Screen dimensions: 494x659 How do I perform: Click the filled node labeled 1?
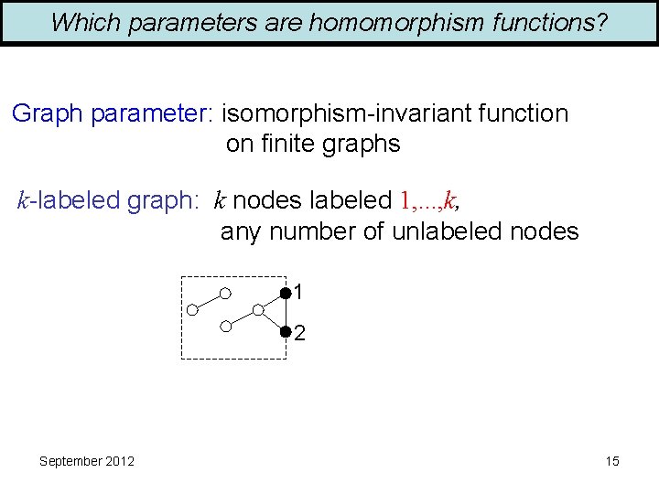point(286,293)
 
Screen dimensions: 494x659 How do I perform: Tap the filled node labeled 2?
point(286,331)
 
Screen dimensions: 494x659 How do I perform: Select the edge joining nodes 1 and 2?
point(286,312)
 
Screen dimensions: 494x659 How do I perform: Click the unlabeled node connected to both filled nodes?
point(258,311)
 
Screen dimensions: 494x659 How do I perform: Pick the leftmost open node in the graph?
point(192,310)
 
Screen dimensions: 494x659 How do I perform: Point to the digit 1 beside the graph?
point(299,293)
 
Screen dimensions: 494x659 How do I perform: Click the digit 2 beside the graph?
point(300,334)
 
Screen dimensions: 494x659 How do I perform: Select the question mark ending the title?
point(601,23)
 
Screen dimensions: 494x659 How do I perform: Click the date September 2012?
point(87,461)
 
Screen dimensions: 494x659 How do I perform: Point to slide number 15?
point(612,461)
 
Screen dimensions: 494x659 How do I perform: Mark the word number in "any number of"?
point(311,231)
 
